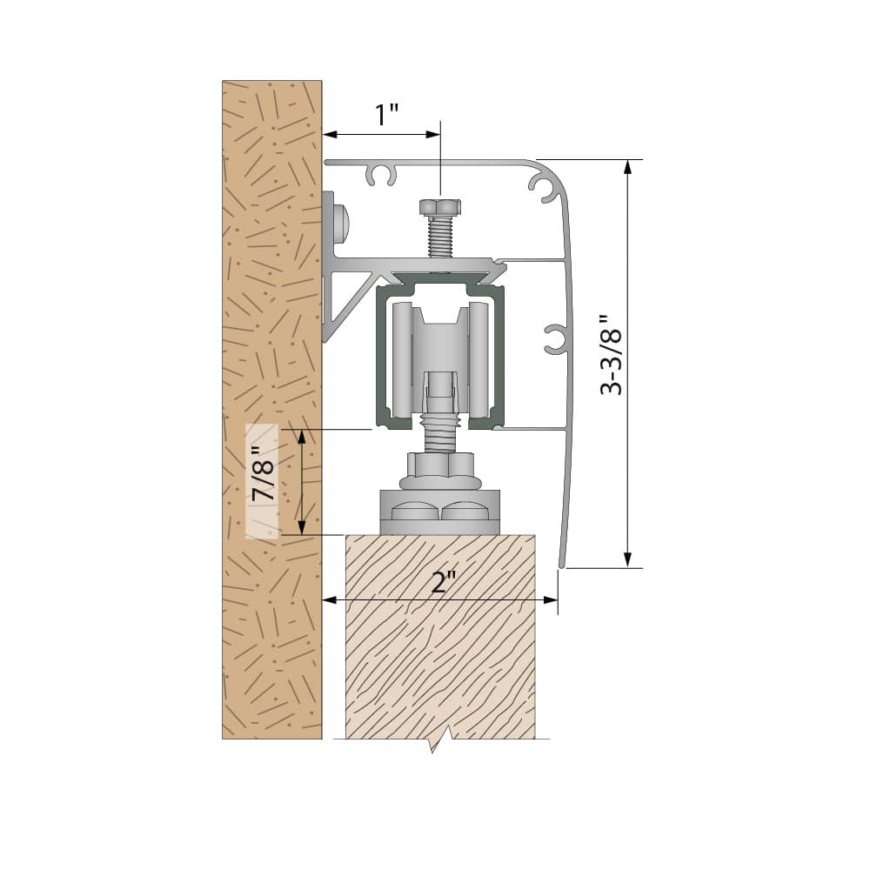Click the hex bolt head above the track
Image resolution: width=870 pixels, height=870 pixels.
pos(439,206)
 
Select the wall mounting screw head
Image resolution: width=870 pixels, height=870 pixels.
pos(338,223)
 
